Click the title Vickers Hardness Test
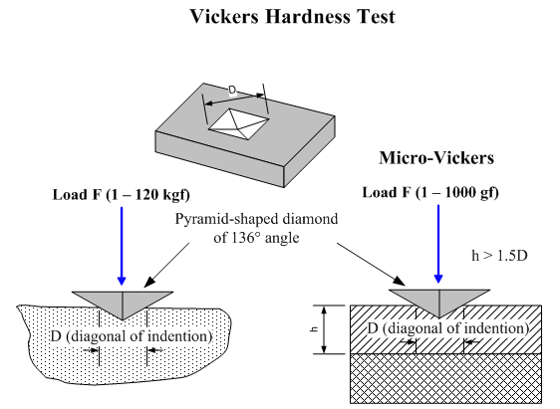coord(292,16)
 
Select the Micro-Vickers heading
coord(436,157)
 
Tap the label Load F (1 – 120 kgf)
coord(122,195)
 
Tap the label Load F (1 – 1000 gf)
coord(430,192)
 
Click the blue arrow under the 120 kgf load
coord(122,246)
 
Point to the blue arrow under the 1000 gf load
coord(438,244)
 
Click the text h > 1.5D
coord(499,256)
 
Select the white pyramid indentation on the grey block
coord(238,123)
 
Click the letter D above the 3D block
coord(232,91)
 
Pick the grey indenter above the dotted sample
coord(123,303)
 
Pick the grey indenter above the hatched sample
coord(438,301)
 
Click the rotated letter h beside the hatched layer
coord(314,329)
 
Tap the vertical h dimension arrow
coord(324,329)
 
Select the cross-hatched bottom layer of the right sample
coord(445,378)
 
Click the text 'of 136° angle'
coord(256,238)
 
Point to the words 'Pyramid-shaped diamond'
coord(256,219)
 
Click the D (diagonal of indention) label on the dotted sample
coord(132,336)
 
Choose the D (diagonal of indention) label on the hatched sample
coord(448,328)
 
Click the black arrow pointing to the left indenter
coord(166,266)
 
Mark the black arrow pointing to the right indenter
coord(371,265)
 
